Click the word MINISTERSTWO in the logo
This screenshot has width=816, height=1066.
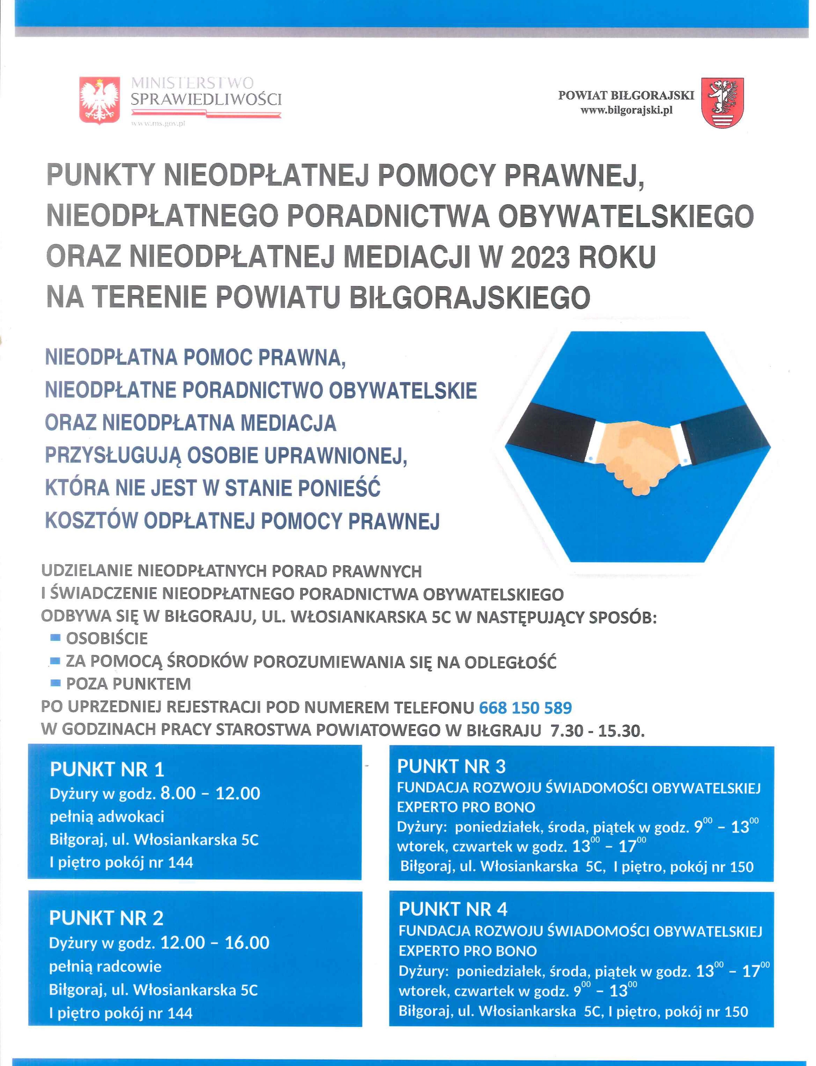(x=192, y=83)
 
